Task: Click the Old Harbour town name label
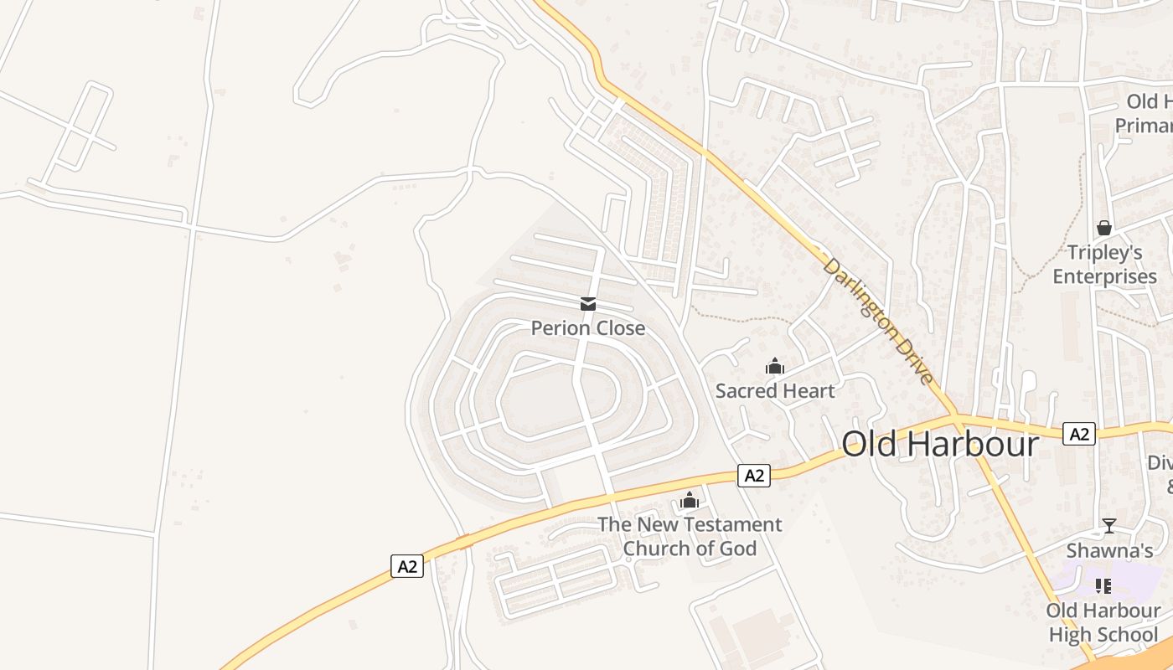tap(940, 444)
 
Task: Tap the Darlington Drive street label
tap(877, 322)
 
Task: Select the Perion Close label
tap(588, 327)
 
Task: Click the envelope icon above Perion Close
tap(588, 304)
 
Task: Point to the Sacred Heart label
tap(775, 390)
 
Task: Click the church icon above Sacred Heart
tap(775, 366)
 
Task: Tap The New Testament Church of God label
tap(690, 536)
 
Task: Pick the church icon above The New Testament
tap(690, 501)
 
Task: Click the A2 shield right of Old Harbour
tap(1079, 434)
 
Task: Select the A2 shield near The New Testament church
tap(754, 476)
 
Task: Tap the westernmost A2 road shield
tap(407, 566)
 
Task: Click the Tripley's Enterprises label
tap(1105, 264)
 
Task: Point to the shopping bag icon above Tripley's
tap(1104, 228)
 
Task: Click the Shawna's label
tap(1109, 550)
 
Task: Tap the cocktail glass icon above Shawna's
tap(1109, 526)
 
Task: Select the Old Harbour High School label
tap(1103, 622)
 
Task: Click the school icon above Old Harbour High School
tap(1103, 586)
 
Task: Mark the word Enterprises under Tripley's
tap(1105, 276)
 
